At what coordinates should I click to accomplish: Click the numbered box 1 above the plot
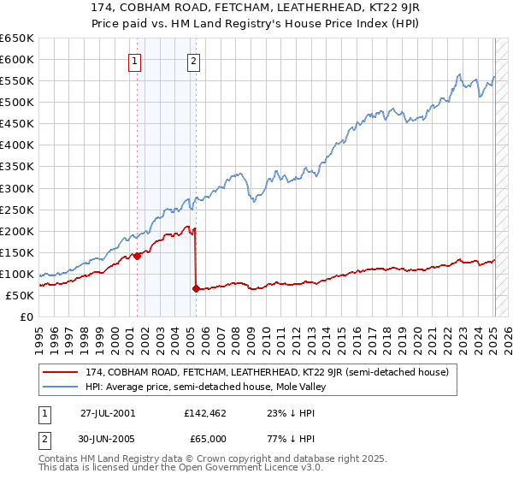point(135,60)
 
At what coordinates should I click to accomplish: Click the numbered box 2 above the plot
point(194,60)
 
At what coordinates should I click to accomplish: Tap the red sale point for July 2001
point(137,256)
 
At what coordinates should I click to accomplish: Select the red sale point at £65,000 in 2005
point(196,289)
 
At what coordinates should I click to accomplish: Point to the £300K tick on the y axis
point(18,188)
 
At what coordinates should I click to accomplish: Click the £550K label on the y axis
point(18,81)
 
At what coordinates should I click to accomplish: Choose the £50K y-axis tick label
point(21,295)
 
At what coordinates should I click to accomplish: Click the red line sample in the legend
point(61,372)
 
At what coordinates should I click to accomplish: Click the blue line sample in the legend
point(61,387)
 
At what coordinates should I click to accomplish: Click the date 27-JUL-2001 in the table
point(108,412)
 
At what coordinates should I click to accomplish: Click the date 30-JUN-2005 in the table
point(108,438)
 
